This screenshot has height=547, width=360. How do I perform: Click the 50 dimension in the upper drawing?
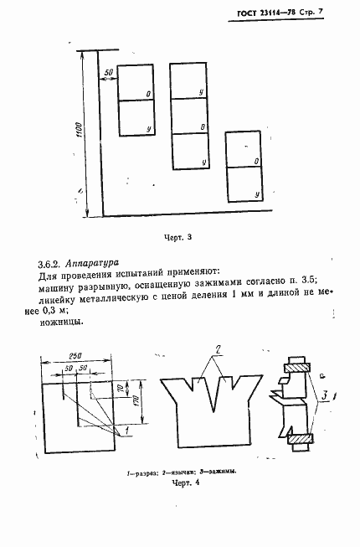point(108,73)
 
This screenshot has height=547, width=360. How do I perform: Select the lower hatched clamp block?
point(299,436)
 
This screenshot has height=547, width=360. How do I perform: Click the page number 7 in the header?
point(342,12)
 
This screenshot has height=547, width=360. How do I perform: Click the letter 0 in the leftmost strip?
point(148,94)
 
